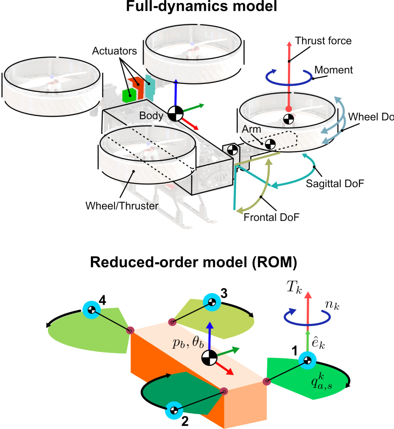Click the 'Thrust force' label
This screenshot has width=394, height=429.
(323, 41)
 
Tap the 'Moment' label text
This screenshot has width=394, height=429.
(333, 70)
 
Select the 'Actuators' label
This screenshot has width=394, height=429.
(114, 51)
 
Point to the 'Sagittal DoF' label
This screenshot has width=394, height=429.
(335, 184)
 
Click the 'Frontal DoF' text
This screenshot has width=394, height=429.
(271, 217)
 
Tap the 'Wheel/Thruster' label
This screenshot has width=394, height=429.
(122, 206)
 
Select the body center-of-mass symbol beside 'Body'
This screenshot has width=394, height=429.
(175, 114)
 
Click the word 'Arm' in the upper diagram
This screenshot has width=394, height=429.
(251, 129)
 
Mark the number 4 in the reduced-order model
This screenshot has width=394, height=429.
(102, 300)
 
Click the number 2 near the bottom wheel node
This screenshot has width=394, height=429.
(185, 421)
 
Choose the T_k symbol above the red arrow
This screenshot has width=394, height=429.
(294, 287)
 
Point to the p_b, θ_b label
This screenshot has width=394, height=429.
(188, 343)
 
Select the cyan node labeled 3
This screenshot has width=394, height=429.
(212, 302)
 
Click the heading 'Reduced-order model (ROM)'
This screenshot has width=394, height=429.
(193, 262)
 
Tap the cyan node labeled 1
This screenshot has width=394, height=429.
(307, 361)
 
